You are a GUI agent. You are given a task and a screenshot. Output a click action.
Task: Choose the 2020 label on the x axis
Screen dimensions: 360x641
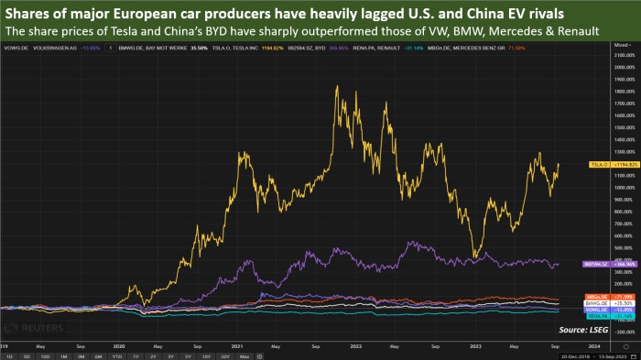coord(119,344)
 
